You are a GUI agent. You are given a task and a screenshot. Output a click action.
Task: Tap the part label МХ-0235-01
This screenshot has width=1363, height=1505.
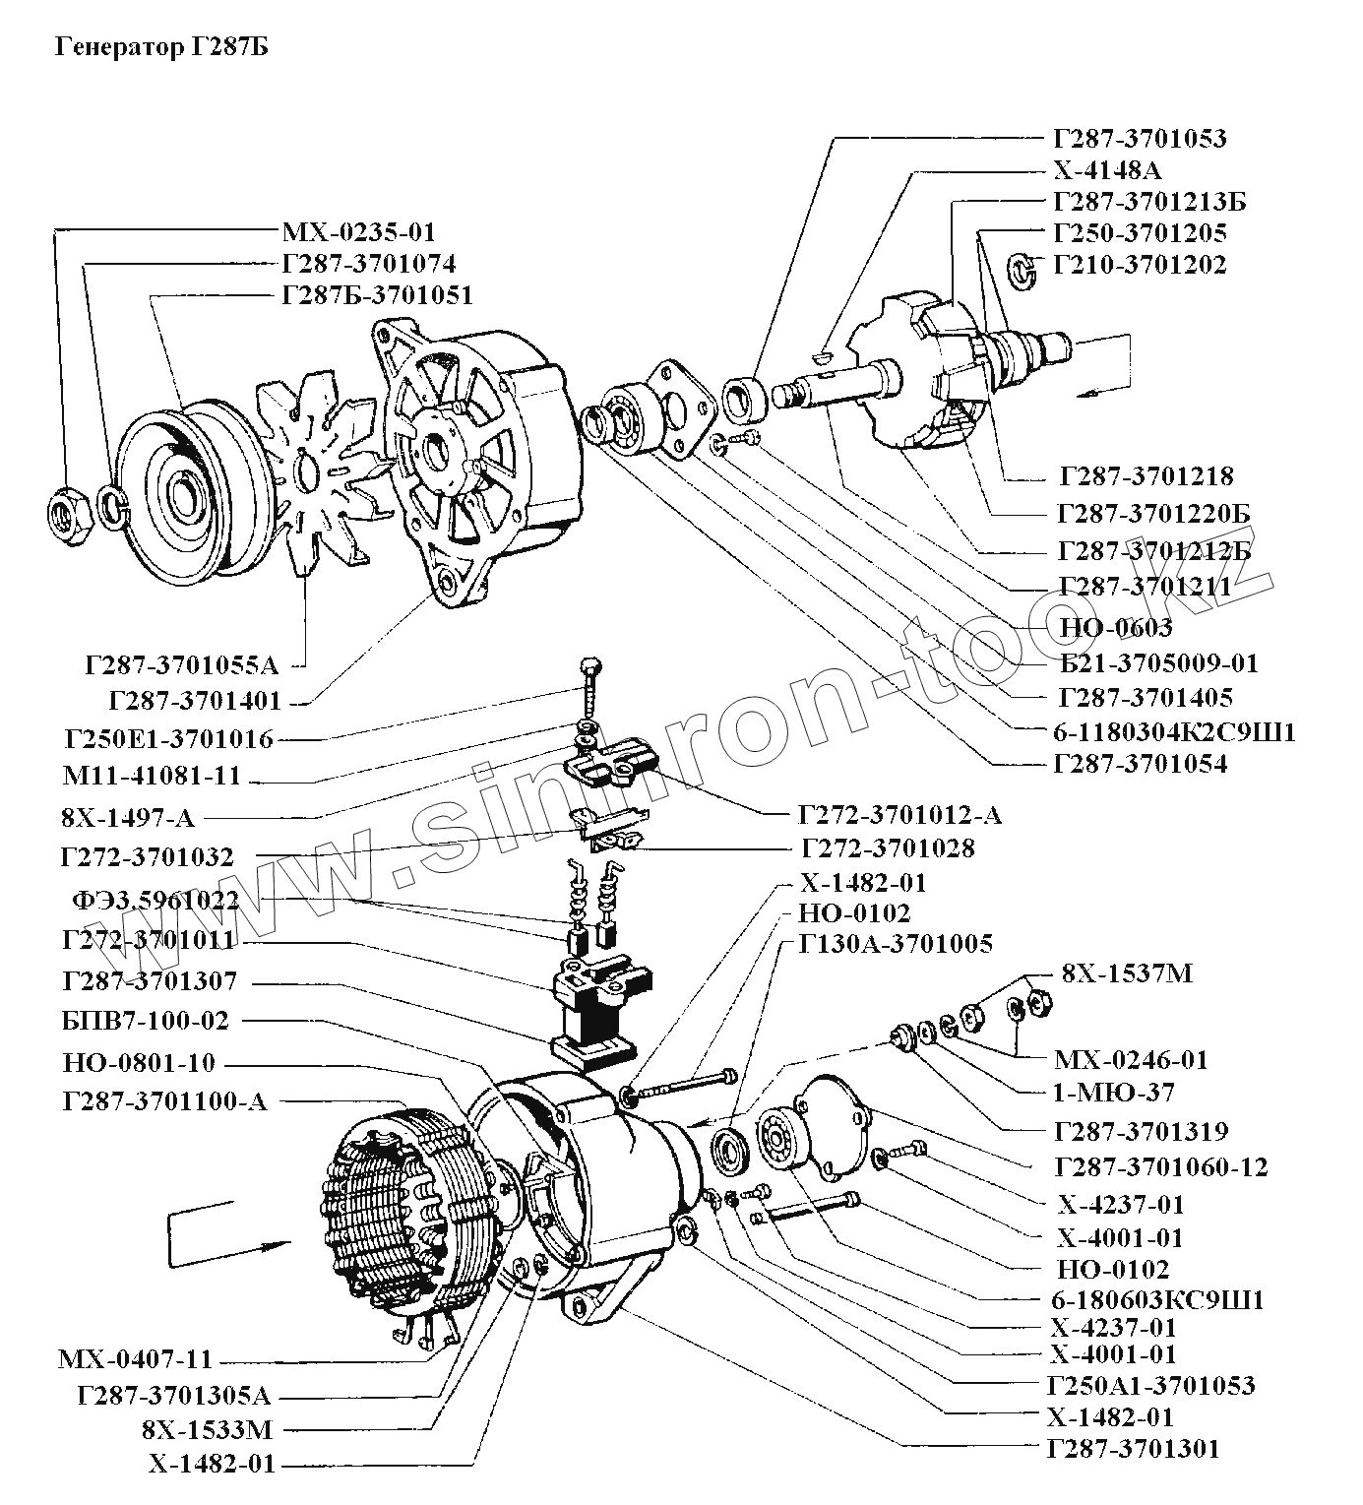tap(358, 232)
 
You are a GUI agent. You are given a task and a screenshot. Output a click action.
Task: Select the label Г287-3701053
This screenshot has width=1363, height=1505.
tap(1141, 138)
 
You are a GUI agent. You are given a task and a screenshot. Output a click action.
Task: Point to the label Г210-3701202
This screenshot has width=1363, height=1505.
tap(1141, 265)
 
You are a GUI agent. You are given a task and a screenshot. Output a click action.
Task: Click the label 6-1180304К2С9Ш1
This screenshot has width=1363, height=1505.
tap(1175, 732)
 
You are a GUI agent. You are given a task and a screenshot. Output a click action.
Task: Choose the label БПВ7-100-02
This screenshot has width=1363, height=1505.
tap(146, 1021)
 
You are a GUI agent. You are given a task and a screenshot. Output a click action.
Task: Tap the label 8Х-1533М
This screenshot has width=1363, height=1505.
tap(207, 1431)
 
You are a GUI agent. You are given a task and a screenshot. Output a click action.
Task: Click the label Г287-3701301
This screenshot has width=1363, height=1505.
tap(1133, 1449)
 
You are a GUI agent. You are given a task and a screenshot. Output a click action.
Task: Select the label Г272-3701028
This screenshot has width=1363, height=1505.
tap(888, 848)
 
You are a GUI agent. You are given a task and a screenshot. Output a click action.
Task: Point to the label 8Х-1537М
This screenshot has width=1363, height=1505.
tap(1127, 973)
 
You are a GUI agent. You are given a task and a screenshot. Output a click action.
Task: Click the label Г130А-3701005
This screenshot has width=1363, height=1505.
tap(896, 943)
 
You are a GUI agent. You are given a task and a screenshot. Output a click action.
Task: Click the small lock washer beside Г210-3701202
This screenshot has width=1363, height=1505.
tap(1021, 270)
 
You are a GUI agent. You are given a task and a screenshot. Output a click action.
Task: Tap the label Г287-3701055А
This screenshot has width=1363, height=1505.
tap(181, 664)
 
